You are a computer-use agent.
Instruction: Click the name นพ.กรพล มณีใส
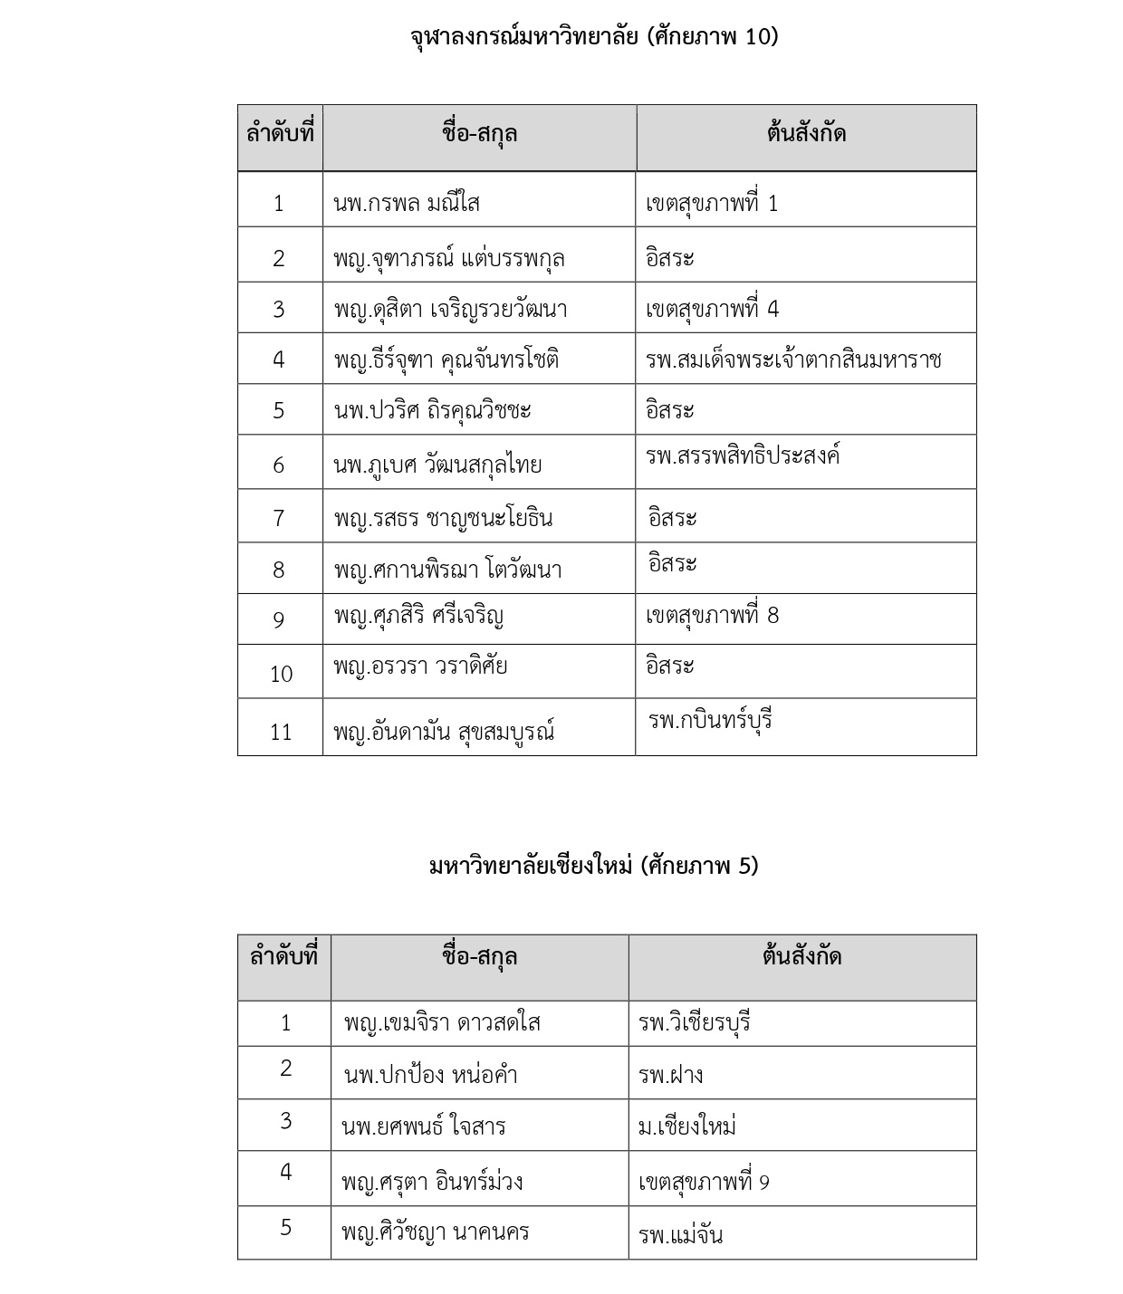[x=407, y=203]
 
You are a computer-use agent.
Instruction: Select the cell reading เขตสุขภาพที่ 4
[x=712, y=309]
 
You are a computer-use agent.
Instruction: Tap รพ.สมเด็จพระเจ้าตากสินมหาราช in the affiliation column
[x=793, y=359]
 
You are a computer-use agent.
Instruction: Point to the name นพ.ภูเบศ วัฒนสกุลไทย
[x=437, y=465]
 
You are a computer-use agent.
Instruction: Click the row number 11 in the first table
[x=281, y=731]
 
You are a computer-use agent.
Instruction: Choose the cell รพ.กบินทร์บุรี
[x=710, y=721]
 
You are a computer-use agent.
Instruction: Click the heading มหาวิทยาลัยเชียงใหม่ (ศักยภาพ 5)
[x=593, y=866]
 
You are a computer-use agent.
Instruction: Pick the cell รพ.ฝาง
[x=670, y=1075]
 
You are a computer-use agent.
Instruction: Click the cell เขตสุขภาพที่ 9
[x=704, y=1182]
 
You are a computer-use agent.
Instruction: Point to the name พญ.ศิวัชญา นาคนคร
[x=435, y=1232]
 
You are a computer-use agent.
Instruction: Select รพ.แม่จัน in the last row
[x=680, y=1235]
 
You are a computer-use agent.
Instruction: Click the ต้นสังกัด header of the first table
[x=806, y=134]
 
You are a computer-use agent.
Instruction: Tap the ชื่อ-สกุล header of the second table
[x=479, y=956]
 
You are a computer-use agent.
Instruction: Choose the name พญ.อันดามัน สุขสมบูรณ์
[x=444, y=731]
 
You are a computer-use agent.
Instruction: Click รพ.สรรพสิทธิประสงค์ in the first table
[x=743, y=455]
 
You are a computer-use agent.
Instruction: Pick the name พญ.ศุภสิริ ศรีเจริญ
[x=418, y=616]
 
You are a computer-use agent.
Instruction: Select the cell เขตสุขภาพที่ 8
[x=712, y=616]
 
